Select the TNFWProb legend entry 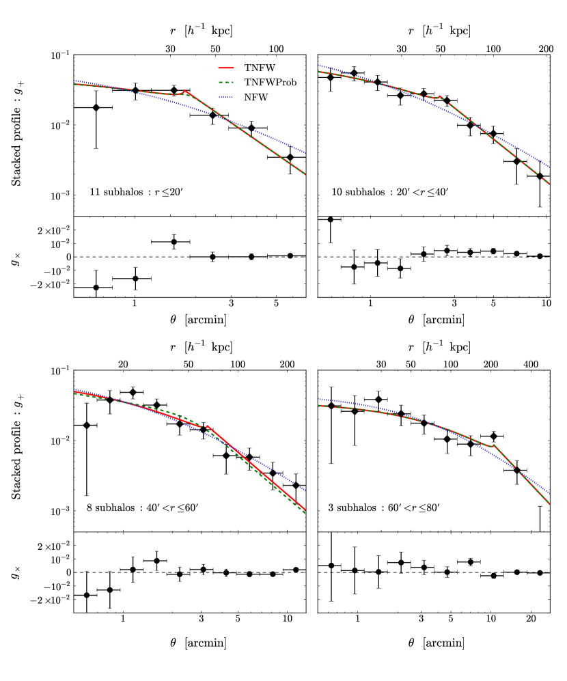(x=257, y=83)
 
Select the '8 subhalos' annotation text (x=137, y=508)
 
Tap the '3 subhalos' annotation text (x=382, y=508)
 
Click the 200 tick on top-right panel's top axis (x=545, y=48)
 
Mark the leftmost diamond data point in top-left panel (x=96, y=108)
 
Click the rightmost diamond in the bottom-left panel (x=296, y=486)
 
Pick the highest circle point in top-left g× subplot (x=174, y=242)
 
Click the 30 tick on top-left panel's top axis (x=171, y=48)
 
